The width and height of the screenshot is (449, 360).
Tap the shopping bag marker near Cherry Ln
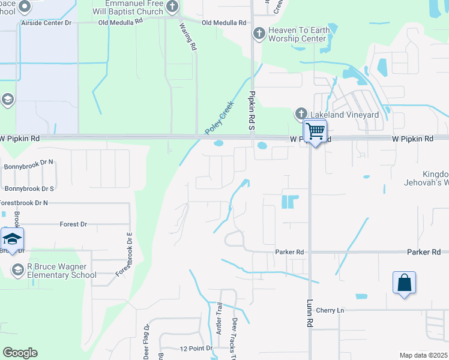(x=405, y=282)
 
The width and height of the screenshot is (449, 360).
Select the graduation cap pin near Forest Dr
(x=11, y=239)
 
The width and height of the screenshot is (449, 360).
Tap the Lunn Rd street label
(x=310, y=313)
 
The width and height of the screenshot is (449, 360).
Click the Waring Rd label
(x=188, y=37)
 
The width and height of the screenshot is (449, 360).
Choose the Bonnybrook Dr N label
(x=29, y=161)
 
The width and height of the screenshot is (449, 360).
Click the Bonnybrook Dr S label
(x=29, y=188)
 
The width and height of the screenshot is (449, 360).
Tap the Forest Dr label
(x=73, y=224)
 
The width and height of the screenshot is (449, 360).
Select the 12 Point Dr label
(x=196, y=348)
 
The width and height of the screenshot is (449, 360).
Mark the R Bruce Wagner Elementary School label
(x=61, y=271)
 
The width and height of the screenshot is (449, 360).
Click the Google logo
(x=20, y=353)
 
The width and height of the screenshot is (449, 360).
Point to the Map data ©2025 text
(x=423, y=355)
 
